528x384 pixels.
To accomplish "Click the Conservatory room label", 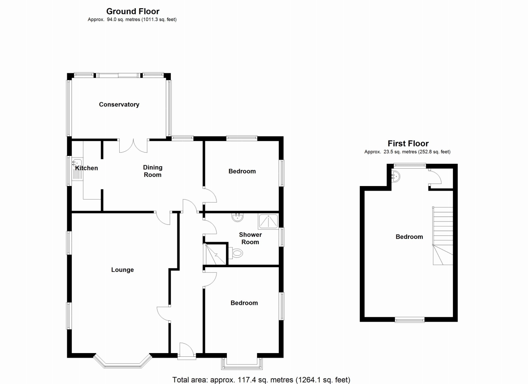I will [119, 104].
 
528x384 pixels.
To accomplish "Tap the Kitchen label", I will [87, 168].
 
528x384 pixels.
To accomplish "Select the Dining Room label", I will [153, 171].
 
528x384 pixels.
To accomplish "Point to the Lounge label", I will [123, 270].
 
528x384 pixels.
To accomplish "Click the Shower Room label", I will [250, 238].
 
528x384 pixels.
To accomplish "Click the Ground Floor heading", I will [132, 12].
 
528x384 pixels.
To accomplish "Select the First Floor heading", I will [408, 144].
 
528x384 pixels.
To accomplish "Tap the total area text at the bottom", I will [261, 379].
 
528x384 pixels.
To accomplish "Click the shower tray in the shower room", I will [269, 222].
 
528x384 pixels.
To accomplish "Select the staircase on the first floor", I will [443, 236].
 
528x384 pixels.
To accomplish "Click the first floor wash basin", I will [395, 177].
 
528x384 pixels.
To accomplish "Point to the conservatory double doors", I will [134, 146].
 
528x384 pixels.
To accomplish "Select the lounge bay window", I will [123, 361].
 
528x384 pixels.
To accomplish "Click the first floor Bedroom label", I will [409, 237].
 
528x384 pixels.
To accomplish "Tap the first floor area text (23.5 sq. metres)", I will [407, 152].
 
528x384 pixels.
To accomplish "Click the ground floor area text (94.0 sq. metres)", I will [132, 19].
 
